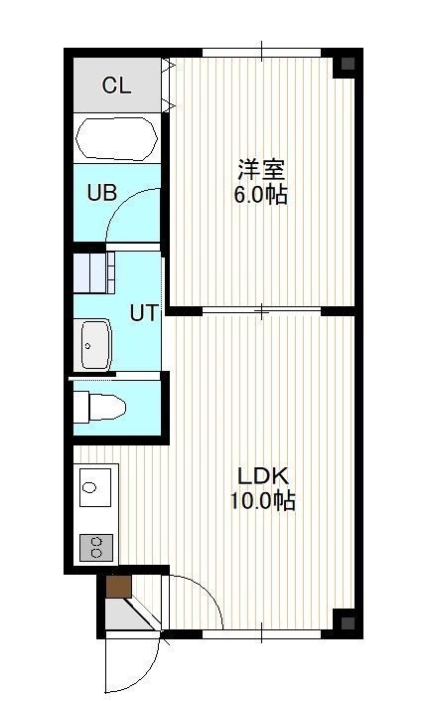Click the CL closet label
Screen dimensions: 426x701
(x=116, y=85)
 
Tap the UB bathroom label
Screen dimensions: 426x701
(x=102, y=193)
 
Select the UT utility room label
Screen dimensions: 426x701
(x=144, y=313)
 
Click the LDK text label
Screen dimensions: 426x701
(x=263, y=476)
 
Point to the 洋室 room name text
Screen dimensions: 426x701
(x=261, y=169)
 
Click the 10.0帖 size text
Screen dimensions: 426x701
(x=262, y=501)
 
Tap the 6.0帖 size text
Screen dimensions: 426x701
(x=261, y=195)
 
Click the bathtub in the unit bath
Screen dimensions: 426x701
(x=116, y=138)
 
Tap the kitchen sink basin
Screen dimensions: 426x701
(x=95, y=487)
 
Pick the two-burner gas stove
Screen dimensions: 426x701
(x=96, y=547)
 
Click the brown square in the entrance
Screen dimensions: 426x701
(x=119, y=587)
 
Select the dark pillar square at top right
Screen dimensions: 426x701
(x=348, y=64)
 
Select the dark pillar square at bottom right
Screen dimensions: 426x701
(x=348, y=623)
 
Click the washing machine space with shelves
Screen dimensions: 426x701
(x=93, y=272)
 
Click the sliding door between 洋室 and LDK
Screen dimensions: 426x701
(x=262, y=310)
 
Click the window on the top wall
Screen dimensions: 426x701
(x=262, y=53)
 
